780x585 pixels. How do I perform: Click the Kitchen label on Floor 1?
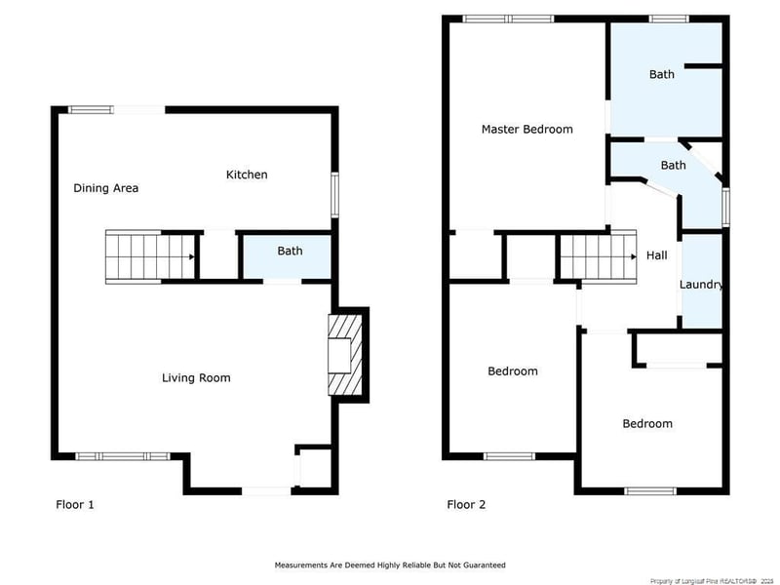point(247,175)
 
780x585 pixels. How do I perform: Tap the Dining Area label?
point(105,188)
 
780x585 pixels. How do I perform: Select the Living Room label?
point(196,377)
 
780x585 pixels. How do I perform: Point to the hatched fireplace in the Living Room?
point(348,356)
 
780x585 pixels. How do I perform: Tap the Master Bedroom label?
point(526,129)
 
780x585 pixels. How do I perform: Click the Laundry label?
point(701,285)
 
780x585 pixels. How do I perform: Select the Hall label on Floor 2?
point(656,255)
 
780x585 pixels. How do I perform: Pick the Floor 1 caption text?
point(74,504)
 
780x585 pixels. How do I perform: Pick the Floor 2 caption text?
point(466,504)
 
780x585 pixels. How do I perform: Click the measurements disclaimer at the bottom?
point(390,565)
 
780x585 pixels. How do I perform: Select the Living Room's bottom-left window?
point(123,455)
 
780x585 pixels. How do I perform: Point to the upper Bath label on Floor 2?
point(662,74)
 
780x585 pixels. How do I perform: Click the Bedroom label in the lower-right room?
point(647,423)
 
